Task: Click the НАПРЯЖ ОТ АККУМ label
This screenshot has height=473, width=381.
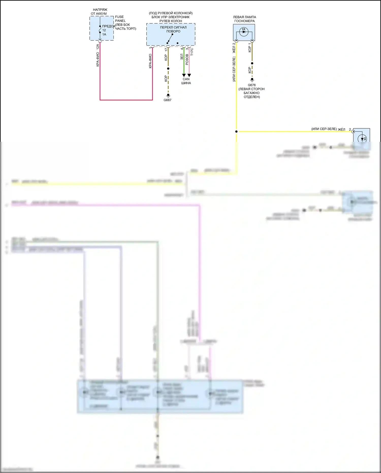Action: tap(100, 12)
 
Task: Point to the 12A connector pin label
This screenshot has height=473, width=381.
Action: tap(98, 47)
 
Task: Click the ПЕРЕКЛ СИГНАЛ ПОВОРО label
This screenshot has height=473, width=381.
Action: tap(173, 29)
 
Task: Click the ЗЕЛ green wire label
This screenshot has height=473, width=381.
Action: tap(182, 57)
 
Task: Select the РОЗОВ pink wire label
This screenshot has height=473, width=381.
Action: tap(187, 59)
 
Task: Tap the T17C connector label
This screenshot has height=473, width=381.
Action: tap(192, 52)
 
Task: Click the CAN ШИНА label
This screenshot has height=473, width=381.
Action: tap(186, 81)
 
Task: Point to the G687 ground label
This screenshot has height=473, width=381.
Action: tap(167, 100)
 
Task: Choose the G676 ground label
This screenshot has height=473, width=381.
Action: tap(252, 85)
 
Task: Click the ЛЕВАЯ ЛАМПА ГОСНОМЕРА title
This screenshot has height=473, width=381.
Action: tap(244, 19)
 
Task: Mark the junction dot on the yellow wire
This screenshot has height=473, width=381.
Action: tap(236, 132)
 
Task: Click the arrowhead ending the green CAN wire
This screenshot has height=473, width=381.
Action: tap(184, 75)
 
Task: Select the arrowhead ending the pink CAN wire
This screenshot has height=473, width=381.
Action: tap(189, 75)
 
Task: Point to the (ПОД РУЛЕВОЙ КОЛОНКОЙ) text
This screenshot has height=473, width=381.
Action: tap(171, 13)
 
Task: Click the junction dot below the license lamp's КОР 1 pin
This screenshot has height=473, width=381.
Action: tap(252, 63)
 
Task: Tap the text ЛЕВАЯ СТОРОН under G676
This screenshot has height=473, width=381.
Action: tap(251, 89)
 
